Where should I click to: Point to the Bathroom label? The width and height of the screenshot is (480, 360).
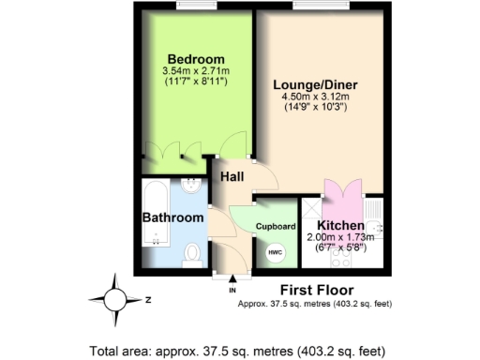172,217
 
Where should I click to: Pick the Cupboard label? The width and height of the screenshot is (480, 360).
277,226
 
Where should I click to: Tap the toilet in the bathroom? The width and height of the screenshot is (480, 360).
192,253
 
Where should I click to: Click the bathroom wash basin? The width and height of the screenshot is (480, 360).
191,185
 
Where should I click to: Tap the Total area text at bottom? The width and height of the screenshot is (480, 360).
240,350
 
